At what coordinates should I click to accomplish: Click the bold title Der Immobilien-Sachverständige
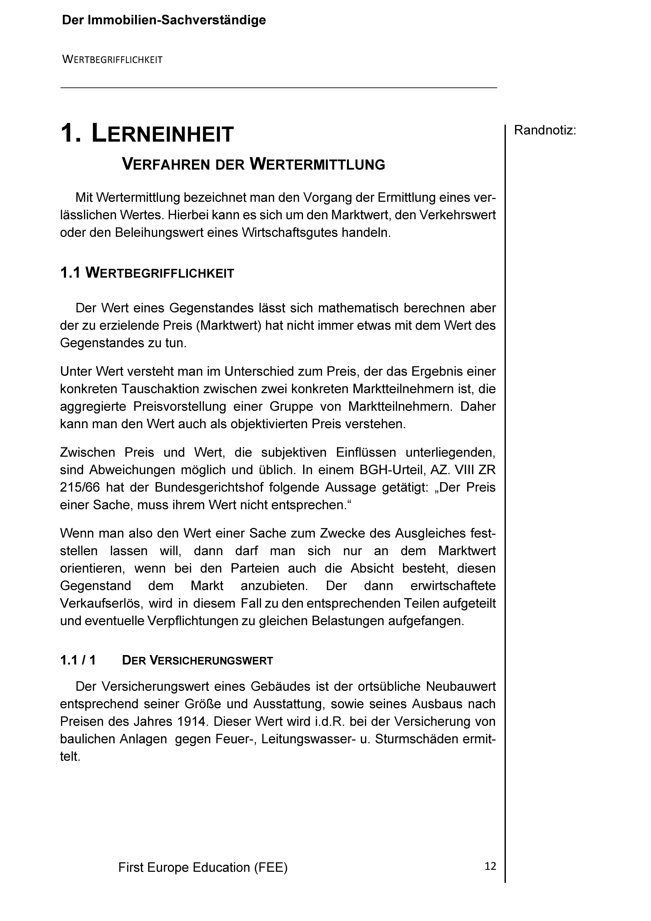click(164, 20)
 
